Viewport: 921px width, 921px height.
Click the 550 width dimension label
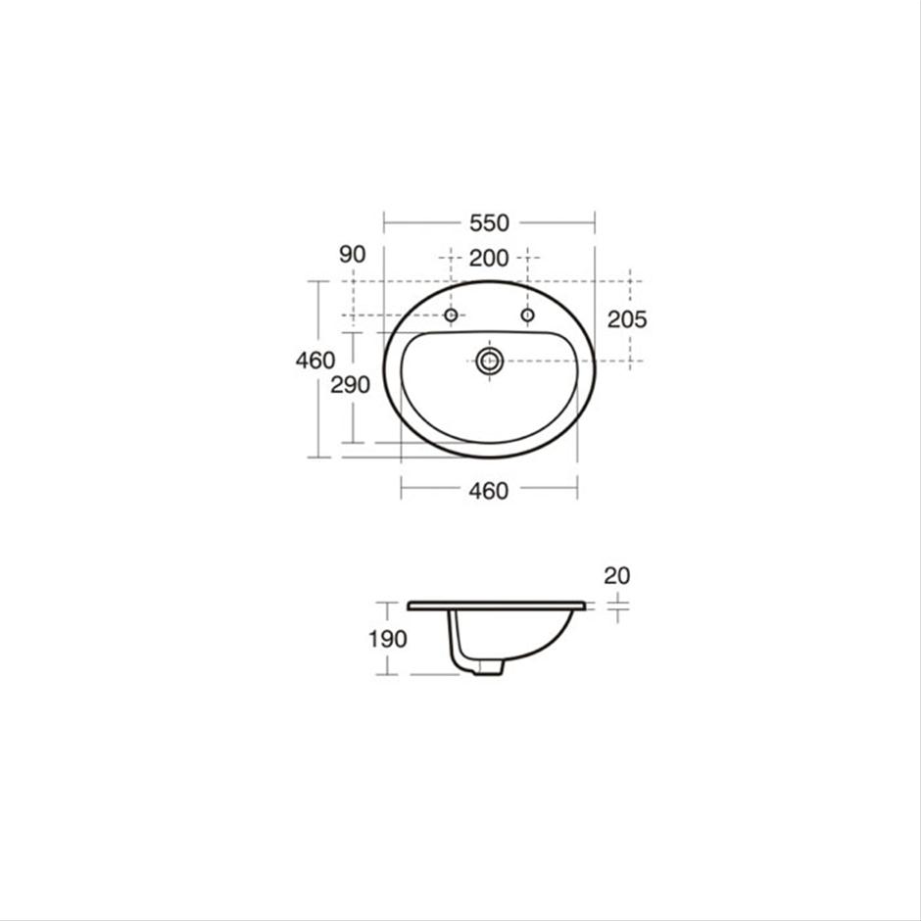489,223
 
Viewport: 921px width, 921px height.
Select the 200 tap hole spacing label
489,258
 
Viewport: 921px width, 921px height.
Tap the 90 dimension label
353,255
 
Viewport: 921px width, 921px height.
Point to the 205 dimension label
627,319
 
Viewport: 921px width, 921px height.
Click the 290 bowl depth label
350,385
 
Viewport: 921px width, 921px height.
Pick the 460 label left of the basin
315,360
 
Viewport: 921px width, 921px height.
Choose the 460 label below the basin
489,491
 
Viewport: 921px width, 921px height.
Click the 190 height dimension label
388,639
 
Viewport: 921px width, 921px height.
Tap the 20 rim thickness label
616,576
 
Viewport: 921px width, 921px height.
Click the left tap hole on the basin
451,315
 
